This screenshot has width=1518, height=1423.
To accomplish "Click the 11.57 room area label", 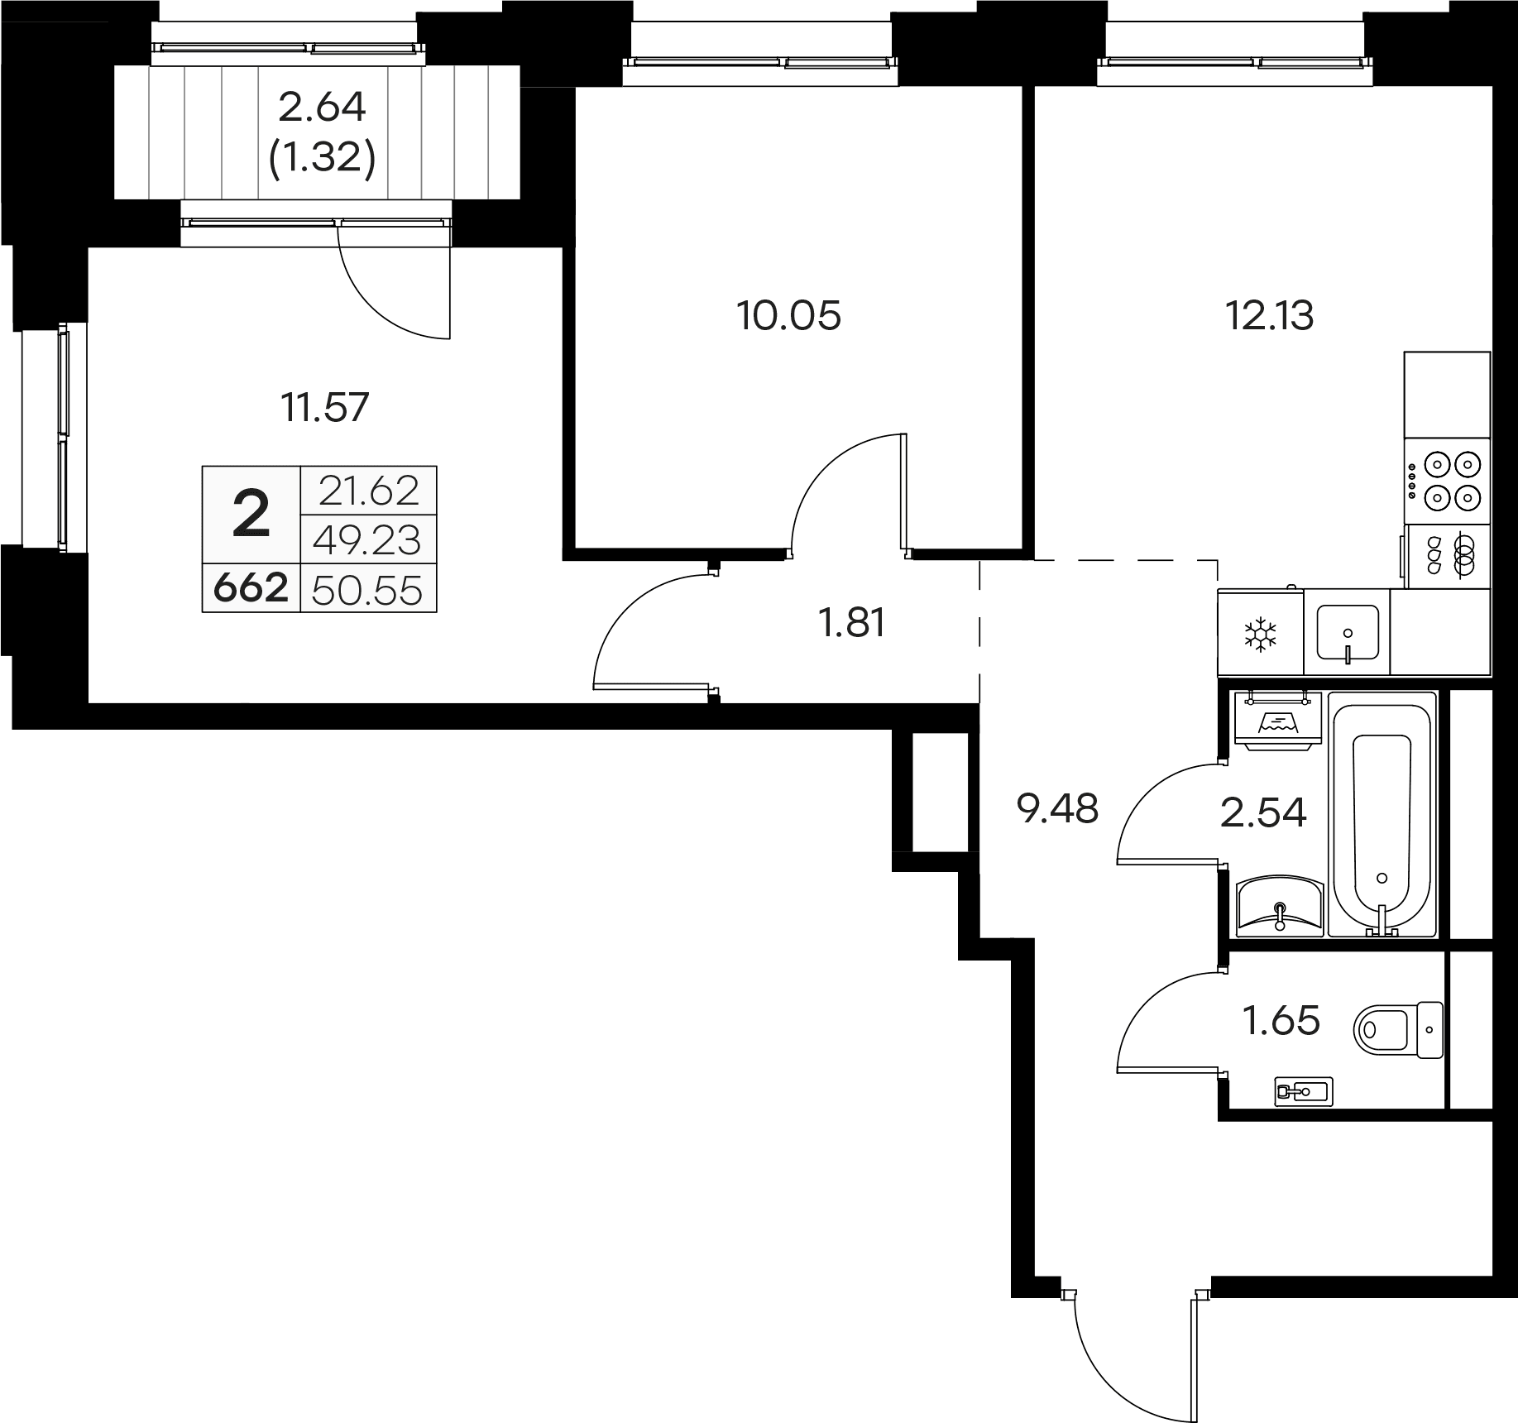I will click(325, 408).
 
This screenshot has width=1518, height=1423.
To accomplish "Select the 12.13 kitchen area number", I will click(1269, 315).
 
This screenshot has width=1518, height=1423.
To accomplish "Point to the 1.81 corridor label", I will click(852, 623).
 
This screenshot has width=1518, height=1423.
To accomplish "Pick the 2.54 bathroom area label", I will click(1263, 812).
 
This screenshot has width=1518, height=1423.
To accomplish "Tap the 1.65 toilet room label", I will click(1282, 1020).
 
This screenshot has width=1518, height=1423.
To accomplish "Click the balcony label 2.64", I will click(323, 108).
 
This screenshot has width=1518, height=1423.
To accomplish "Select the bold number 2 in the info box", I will click(251, 515).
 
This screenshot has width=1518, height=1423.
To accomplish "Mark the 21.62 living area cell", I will click(369, 491).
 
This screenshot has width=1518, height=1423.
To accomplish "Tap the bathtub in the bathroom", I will click(1382, 816).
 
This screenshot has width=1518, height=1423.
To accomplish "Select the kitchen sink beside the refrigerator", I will click(1348, 633).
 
